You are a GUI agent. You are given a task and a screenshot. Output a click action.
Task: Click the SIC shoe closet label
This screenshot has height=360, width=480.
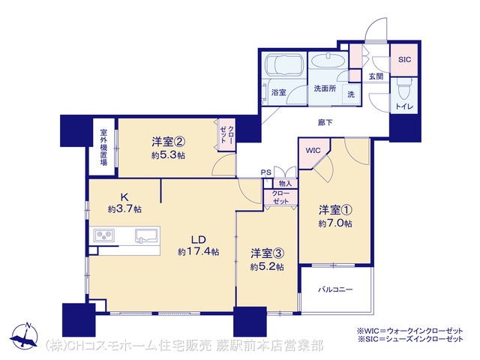(x=404, y=60)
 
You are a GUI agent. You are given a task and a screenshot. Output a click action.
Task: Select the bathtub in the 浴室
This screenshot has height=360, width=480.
(x=285, y=65)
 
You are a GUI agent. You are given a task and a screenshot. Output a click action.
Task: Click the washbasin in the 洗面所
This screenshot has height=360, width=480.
(x=328, y=61)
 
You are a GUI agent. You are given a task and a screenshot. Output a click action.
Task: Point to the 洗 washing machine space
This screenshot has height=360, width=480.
(x=351, y=94)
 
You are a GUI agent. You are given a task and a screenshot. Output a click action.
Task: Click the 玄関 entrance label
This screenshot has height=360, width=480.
(x=376, y=76)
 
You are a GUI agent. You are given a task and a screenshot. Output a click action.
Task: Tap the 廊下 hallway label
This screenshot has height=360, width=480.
(x=325, y=123)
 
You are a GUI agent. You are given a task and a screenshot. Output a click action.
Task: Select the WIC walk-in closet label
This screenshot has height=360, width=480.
(x=313, y=150)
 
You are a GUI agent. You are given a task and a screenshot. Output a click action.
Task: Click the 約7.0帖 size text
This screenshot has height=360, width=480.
(x=335, y=223)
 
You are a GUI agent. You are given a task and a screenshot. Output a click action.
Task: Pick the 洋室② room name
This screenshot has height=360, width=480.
(x=168, y=142)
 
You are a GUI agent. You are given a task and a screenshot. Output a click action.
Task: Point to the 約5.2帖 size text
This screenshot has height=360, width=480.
(x=267, y=267)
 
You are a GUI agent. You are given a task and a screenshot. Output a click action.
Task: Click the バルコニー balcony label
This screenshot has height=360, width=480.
(x=335, y=289)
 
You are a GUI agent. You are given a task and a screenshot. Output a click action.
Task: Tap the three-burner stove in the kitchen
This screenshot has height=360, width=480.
(x=104, y=235)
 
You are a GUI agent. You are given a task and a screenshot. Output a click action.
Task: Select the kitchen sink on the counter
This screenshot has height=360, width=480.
(x=147, y=236)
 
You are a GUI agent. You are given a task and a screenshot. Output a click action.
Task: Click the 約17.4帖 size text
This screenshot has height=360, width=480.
(x=198, y=252)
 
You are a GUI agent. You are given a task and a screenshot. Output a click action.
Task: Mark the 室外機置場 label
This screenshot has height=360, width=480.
(x=103, y=148)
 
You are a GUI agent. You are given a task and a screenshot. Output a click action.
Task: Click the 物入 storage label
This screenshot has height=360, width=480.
(x=285, y=183)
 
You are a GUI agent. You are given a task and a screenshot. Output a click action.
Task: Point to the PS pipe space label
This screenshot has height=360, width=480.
(x=266, y=172)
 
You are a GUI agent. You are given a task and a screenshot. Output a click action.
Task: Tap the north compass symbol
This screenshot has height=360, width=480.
(x=24, y=336)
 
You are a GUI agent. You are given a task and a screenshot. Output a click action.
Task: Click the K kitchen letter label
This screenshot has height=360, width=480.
(x=124, y=196)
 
